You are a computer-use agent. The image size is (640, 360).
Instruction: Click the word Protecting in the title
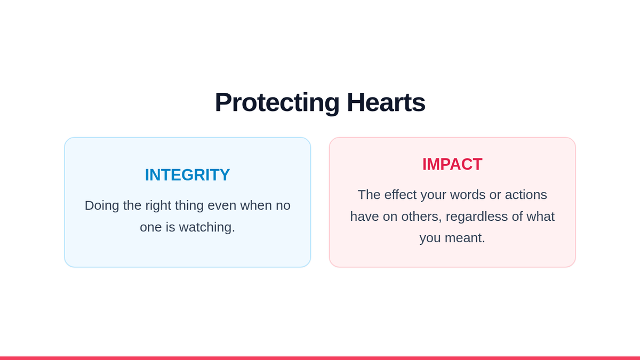click(277, 103)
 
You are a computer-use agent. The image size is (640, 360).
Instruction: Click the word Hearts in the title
click(386, 102)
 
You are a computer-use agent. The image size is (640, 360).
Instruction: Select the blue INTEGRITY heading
click(187, 174)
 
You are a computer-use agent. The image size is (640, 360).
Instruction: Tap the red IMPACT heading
click(452, 164)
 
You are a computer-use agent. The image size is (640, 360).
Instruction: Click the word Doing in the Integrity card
click(102, 206)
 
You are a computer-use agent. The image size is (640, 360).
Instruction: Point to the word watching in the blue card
click(207, 227)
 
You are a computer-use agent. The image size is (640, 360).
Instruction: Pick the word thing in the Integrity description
click(189, 206)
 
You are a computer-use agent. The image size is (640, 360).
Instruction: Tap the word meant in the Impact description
click(465, 238)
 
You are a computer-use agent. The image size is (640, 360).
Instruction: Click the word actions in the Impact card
click(526, 195)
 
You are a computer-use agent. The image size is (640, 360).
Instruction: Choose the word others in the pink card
click(421, 217)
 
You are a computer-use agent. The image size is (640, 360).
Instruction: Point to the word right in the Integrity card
click(158, 206)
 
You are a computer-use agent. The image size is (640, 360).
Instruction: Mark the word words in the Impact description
click(468, 195)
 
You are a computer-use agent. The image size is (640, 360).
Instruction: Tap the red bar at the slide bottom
click(320, 358)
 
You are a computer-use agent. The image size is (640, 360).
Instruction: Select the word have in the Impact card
click(365, 217)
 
